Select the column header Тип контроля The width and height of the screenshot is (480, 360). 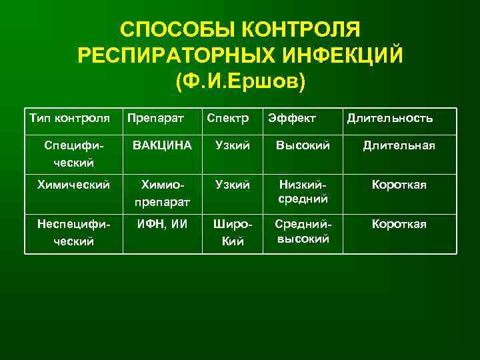pyautogui.click(x=69, y=119)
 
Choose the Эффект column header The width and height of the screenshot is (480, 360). pyautogui.click(x=292, y=119)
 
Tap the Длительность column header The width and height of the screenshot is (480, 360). pyautogui.click(x=389, y=119)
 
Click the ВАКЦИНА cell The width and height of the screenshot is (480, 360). pyautogui.click(x=162, y=145)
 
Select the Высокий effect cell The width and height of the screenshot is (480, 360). pyautogui.click(x=303, y=145)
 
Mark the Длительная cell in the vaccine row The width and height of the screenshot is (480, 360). pyautogui.click(x=399, y=145)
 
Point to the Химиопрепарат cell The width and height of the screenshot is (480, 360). pyautogui.click(x=163, y=191)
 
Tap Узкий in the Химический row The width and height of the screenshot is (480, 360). pyautogui.click(x=233, y=185)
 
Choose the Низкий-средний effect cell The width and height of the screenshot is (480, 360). pyautogui.click(x=303, y=191)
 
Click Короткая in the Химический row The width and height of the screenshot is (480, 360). pyautogui.click(x=399, y=185)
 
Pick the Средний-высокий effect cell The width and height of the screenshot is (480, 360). pyautogui.click(x=303, y=231)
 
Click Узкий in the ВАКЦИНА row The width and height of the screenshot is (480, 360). pyautogui.click(x=233, y=145)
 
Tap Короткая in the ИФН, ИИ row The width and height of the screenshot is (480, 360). pyautogui.click(x=399, y=224)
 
